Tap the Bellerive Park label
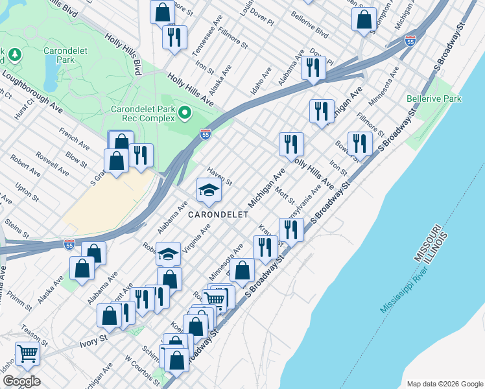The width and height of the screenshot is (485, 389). pos(434,99)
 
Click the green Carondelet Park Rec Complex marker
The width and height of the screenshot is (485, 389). pos(184,114)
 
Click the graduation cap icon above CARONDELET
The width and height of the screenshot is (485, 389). pos(209,190)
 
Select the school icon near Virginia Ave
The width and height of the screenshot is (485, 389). pos(169,253)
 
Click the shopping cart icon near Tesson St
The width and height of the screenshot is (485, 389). pos(27,354)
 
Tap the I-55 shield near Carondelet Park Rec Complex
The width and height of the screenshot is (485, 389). pos(205,134)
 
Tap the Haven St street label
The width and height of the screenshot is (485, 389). pos(219,176)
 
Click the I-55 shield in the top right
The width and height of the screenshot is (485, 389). pos(410,40)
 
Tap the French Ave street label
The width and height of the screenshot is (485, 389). pos(73,139)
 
